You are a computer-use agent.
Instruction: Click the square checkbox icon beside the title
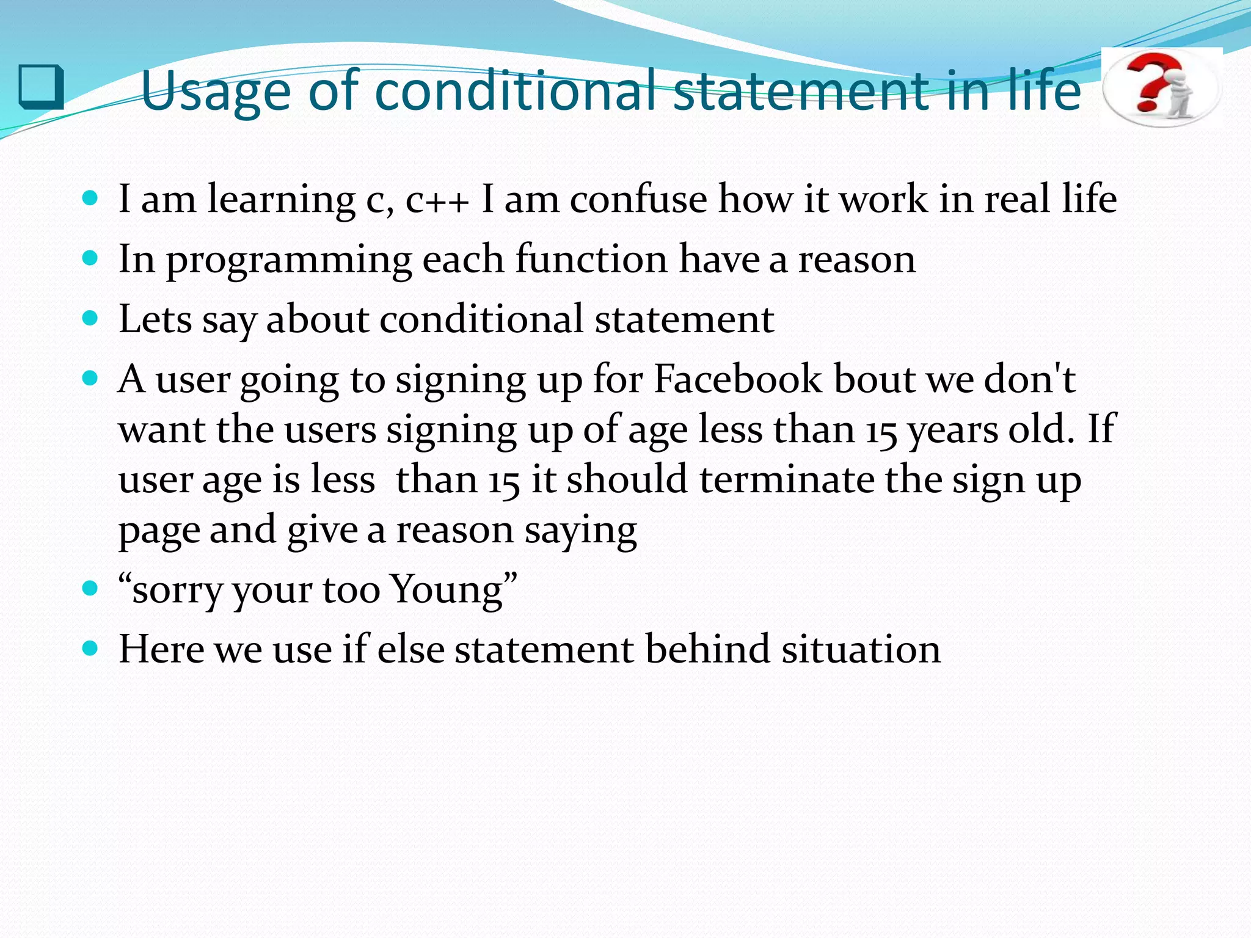(41, 87)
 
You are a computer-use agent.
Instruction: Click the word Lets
(155, 319)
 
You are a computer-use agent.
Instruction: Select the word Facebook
(738, 379)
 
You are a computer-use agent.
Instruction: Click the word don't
(1029, 379)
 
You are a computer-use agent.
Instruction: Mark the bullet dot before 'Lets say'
(90, 318)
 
